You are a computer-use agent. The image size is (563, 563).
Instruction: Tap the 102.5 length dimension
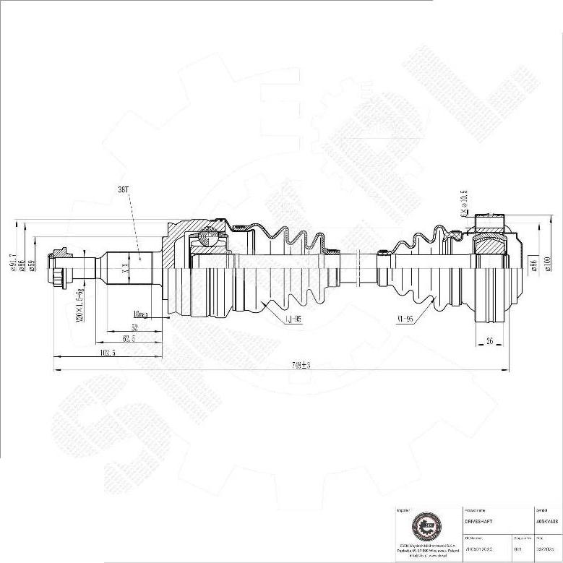108,353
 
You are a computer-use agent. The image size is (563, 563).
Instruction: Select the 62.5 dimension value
130,338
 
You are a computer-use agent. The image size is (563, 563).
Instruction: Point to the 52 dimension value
134,327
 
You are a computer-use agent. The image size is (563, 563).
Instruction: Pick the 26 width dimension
490,341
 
